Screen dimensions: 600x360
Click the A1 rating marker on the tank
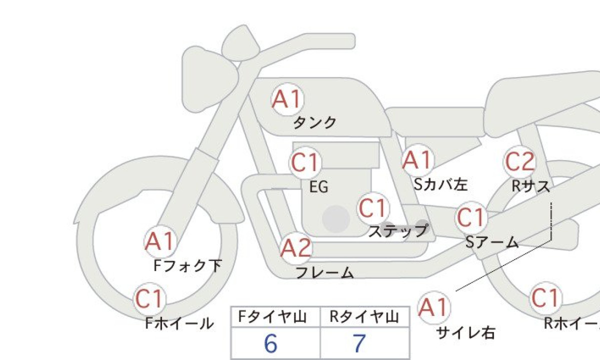pyautogui.click(x=287, y=99)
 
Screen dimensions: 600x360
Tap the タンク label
pyautogui.click(x=314, y=122)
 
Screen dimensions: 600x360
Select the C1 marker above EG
pyautogui.click(x=305, y=162)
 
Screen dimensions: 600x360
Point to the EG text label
pyautogui.click(x=319, y=186)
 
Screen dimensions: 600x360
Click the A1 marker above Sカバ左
pyautogui.click(x=418, y=160)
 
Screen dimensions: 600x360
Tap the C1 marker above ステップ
pyautogui.click(x=373, y=208)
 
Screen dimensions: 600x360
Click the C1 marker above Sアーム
pyautogui.click(x=471, y=217)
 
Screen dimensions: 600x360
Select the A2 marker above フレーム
pyautogui.click(x=295, y=248)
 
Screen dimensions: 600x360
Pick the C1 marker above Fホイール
pyautogui.click(x=149, y=299)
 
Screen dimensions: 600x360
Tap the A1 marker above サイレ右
pyautogui.click(x=434, y=308)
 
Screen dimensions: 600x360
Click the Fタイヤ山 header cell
pyautogui.click(x=275, y=317)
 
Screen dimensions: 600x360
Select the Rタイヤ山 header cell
pyautogui.click(x=364, y=317)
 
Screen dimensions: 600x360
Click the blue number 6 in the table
pyautogui.click(x=270, y=343)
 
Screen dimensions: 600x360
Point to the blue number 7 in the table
pyautogui.click(x=359, y=343)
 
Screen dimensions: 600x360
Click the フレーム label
pyautogui.click(x=324, y=272)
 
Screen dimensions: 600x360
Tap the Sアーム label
pyautogui.click(x=492, y=242)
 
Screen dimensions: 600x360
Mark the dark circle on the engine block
pyautogui.click(x=336, y=219)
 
